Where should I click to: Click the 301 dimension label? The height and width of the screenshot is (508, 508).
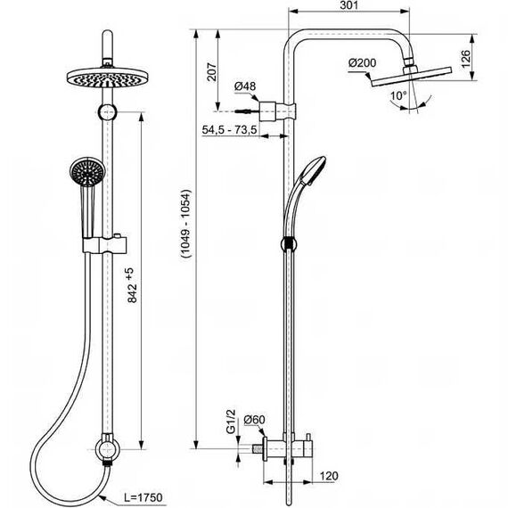(349, 5)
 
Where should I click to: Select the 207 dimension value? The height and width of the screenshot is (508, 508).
(211, 72)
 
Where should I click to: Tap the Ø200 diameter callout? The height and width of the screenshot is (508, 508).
(363, 62)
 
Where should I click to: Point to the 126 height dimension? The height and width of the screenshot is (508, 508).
(465, 59)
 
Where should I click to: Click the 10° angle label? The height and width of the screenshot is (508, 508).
(398, 95)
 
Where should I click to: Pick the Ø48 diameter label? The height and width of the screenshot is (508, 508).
(245, 86)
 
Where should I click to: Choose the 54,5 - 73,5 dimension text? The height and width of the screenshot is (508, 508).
(229, 129)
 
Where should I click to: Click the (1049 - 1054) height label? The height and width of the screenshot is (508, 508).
(186, 224)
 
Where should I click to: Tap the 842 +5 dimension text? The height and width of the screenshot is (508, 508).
(132, 285)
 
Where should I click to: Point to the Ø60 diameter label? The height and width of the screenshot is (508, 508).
(254, 420)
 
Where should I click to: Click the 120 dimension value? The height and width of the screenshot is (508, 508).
(329, 476)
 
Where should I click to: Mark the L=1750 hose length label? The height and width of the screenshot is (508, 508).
(143, 497)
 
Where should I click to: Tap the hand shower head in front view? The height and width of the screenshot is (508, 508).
(86, 172)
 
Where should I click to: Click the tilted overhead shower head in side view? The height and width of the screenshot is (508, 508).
(411, 77)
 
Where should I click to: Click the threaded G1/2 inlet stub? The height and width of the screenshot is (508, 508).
(258, 449)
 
